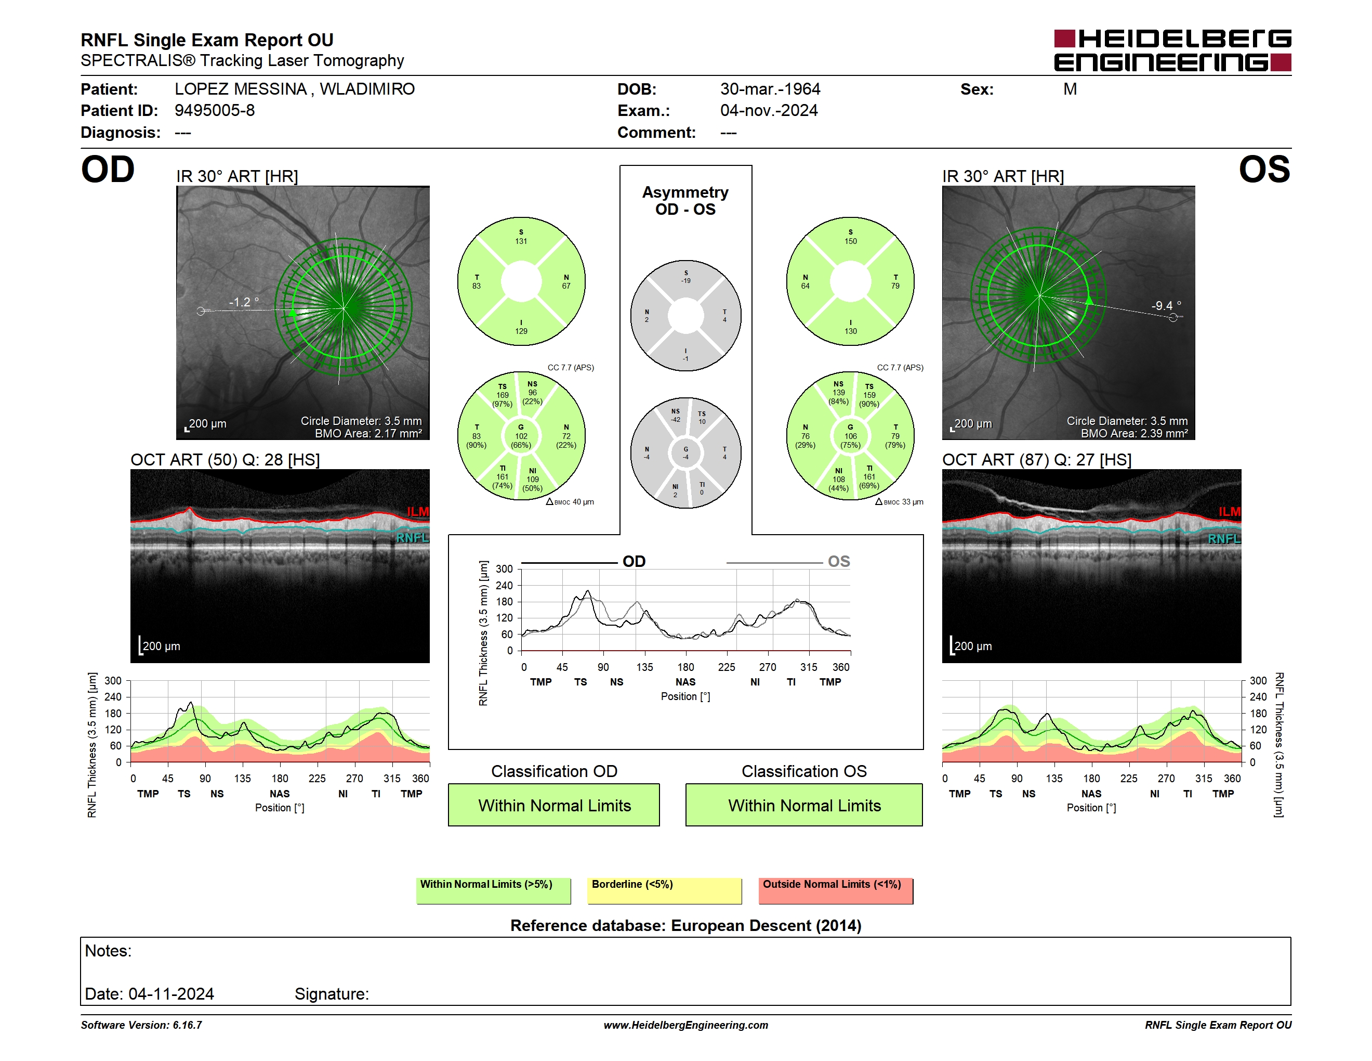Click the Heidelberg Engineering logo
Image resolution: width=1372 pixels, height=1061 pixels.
[x=1172, y=50]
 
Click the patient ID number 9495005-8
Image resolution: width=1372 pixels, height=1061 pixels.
[x=214, y=111]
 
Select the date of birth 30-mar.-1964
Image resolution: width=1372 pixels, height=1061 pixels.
[x=770, y=89]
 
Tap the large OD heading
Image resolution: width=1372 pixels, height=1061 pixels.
[x=108, y=169]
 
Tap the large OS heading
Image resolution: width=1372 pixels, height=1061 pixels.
[x=1264, y=169]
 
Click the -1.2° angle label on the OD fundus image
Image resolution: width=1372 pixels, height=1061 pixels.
[x=244, y=302]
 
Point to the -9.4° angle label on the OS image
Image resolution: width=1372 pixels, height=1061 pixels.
[x=1166, y=305]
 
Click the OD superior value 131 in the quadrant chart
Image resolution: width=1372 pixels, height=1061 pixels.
[x=521, y=241]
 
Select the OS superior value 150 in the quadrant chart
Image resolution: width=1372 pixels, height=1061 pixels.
[x=851, y=241]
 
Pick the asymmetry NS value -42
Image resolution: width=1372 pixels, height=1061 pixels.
[x=675, y=419]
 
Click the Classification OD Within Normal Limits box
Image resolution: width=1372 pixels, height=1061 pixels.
[x=553, y=805]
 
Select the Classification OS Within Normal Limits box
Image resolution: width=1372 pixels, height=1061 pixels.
[x=804, y=805]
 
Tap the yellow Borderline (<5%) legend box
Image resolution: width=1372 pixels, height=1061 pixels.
[x=664, y=890]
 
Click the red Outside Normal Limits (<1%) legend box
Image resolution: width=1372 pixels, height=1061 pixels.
[x=836, y=890]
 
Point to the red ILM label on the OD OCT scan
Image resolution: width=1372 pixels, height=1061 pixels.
[x=418, y=512]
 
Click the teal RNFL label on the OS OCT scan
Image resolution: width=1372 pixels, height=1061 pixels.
[x=1224, y=539]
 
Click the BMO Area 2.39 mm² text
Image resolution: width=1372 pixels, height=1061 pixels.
[x=1134, y=433]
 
